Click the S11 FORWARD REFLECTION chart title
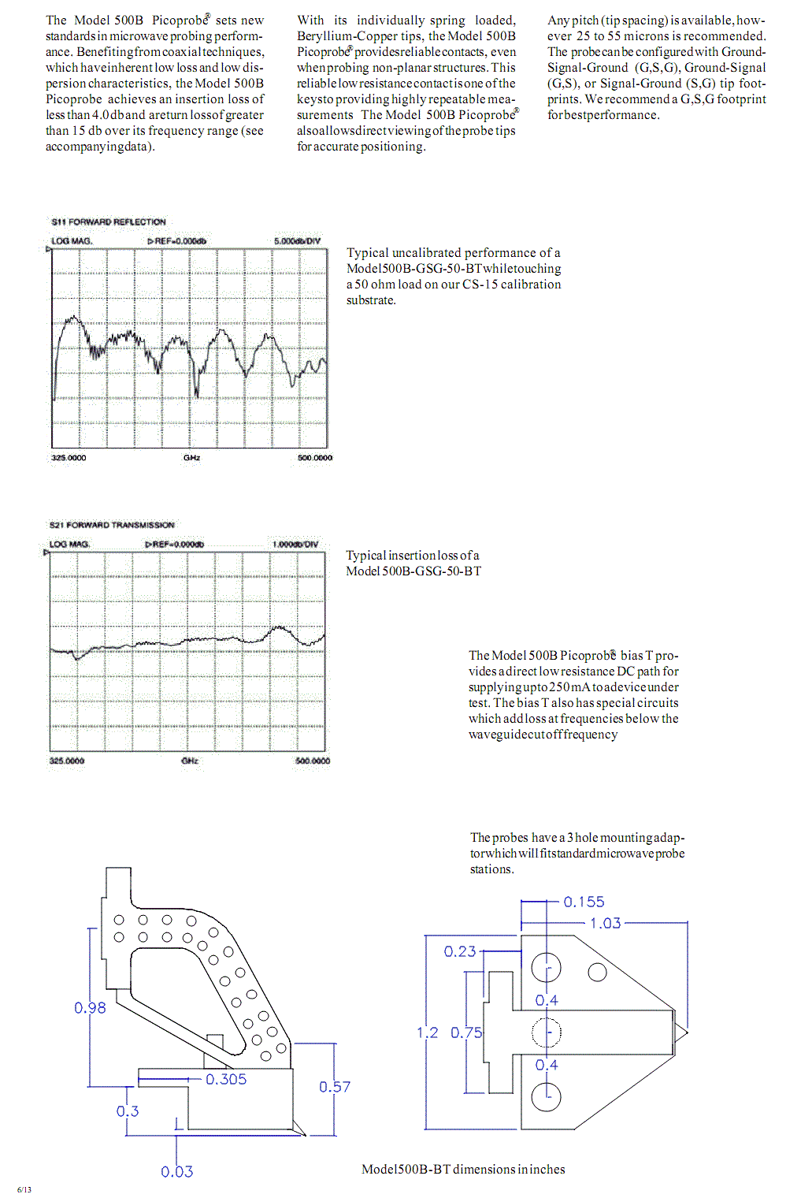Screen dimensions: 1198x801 pyautogui.click(x=109, y=222)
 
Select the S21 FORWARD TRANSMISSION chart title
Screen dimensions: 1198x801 pyautogui.click(x=112, y=525)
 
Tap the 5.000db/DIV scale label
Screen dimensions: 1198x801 pyautogui.click(x=297, y=241)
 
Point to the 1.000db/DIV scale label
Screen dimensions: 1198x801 pyautogui.click(x=295, y=545)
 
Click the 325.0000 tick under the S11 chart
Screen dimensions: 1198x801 pyautogui.click(x=69, y=458)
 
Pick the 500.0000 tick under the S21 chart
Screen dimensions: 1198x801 pyautogui.click(x=313, y=761)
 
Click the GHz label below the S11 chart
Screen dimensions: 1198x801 pyautogui.click(x=191, y=458)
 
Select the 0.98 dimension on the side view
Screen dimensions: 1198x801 pyautogui.click(x=90, y=1008)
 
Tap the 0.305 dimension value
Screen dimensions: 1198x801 pyautogui.click(x=226, y=1079)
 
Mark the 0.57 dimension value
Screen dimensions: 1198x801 pyautogui.click(x=335, y=1087)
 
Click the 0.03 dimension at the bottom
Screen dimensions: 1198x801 pyautogui.click(x=177, y=1172)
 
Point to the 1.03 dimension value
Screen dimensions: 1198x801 pyautogui.click(x=606, y=923)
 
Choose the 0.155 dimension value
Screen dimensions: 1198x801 pyautogui.click(x=584, y=902)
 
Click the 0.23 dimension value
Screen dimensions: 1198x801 pyautogui.click(x=460, y=951)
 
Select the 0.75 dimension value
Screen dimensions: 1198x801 pyautogui.click(x=466, y=1032)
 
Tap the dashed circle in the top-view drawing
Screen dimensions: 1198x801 pyautogui.click(x=547, y=1032)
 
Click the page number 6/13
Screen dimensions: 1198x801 pyautogui.click(x=24, y=1189)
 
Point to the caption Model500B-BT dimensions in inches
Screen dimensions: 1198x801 pyautogui.click(x=463, y=1170)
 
